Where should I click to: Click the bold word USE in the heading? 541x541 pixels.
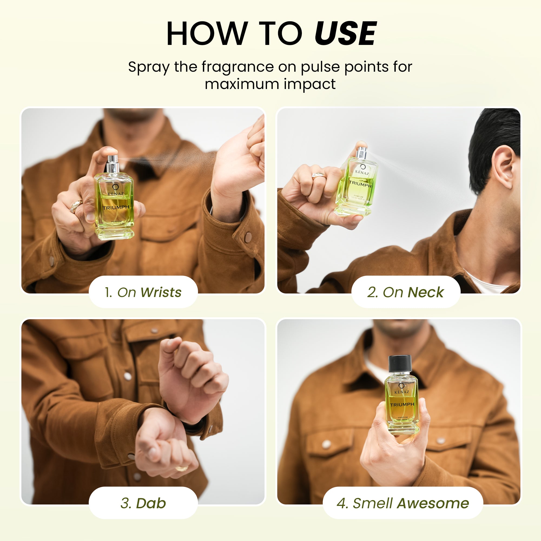click(x=345, y=34)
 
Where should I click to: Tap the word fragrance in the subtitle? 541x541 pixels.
click(x=237, y=67)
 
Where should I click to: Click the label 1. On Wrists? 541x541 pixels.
click(x=143, y=292)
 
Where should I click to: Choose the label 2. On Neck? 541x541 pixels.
click(x=405, y=292)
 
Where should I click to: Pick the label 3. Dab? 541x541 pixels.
click(x=143, y=503)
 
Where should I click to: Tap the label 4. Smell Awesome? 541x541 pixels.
click(x=403, y=503)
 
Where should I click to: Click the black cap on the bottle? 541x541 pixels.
click(x=400, y=364)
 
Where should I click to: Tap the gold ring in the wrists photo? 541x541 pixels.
click(x=76, y=206)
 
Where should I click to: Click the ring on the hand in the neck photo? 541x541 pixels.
click(x=319, y=176)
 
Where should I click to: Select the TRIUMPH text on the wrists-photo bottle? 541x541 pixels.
click(x=116, y=207)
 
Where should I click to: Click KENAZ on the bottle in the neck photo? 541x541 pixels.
click(x=362, y=172)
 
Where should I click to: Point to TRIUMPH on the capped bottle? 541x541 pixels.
click(x=402, y=405)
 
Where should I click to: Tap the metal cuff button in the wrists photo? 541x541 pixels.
click(x=248, y=237)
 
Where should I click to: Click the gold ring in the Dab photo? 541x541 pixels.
click(x=182, y=468)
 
